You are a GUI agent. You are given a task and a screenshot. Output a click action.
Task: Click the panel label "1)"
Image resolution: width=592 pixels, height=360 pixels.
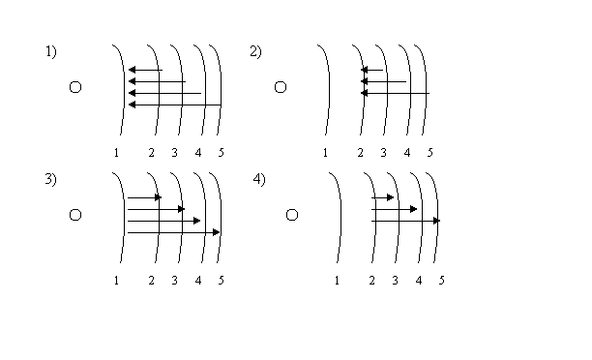[x=51, y=51]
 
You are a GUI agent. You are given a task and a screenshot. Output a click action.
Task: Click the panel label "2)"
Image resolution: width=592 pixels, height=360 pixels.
[x=255, y=51]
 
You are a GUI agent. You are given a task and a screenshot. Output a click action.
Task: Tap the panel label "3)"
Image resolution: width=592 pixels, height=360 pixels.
[x=51, y=179]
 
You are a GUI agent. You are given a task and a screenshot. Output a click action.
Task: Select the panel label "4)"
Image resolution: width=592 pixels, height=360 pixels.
[x=259, y=179]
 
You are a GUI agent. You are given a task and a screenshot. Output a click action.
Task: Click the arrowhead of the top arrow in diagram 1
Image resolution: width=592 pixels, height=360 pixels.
[x=132, y=70]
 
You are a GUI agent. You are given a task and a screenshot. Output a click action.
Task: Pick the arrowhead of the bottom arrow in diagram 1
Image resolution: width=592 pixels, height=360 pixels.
[x=132, y=105]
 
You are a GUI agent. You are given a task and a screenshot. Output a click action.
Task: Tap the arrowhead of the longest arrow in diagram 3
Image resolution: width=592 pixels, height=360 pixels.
[x=217, y=232]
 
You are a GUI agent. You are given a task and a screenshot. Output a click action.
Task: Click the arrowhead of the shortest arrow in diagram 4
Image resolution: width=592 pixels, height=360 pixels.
[x=391, y=197]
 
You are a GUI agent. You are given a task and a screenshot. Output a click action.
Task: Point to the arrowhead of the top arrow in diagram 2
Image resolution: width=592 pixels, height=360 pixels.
[x=365, y=70]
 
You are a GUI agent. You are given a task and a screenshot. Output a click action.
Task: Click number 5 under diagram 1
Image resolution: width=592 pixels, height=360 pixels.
[x=222, y=153]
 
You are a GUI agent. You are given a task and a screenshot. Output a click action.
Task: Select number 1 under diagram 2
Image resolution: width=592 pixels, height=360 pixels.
[x=325, y=153]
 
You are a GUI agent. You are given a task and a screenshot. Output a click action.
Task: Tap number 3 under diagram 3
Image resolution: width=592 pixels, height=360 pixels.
[x=174, y=281]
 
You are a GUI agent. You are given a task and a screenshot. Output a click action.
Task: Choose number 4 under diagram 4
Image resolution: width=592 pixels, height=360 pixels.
[x=418, y=281]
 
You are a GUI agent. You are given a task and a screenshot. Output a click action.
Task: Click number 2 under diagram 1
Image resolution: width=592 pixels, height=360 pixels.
[x=152, y=153]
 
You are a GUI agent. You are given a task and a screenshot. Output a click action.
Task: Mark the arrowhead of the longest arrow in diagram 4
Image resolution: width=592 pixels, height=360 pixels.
[x=437, y=221]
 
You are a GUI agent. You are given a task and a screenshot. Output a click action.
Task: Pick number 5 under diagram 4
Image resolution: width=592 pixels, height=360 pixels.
[x=442, y=281]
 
